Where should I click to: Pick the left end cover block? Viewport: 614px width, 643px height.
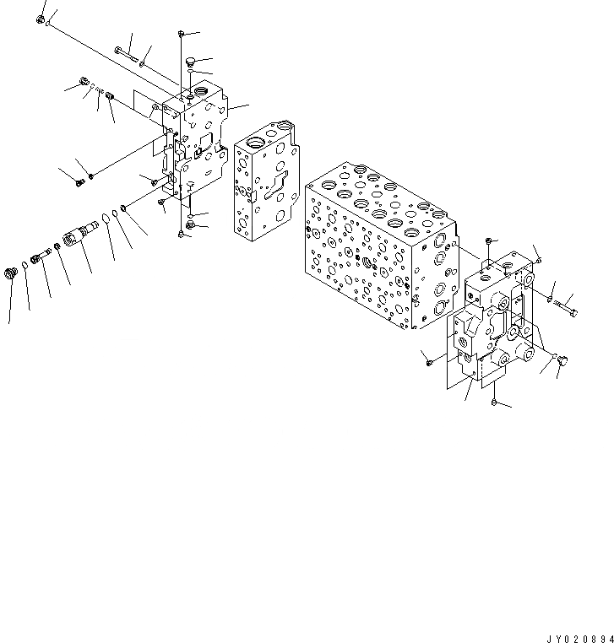point(196,143)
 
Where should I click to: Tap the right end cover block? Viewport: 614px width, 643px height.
point(494,321)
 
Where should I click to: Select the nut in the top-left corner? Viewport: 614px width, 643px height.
point(41,19)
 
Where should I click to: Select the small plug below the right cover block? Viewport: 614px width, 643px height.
point(492,405)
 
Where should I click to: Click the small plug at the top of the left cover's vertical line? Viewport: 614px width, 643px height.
point(182,33)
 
